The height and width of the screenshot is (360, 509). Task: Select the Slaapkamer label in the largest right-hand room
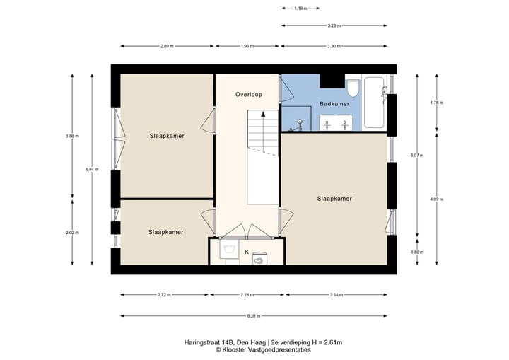point(334,199)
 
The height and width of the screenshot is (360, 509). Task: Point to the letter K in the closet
point(247,252)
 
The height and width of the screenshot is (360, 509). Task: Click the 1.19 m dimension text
point(300,8)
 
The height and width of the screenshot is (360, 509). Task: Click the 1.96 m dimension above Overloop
point(247,46)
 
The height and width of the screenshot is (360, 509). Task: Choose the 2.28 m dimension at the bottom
point(247,295)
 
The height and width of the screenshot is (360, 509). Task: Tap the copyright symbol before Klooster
point(218,349)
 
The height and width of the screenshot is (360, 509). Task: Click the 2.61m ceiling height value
point(332,342)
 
